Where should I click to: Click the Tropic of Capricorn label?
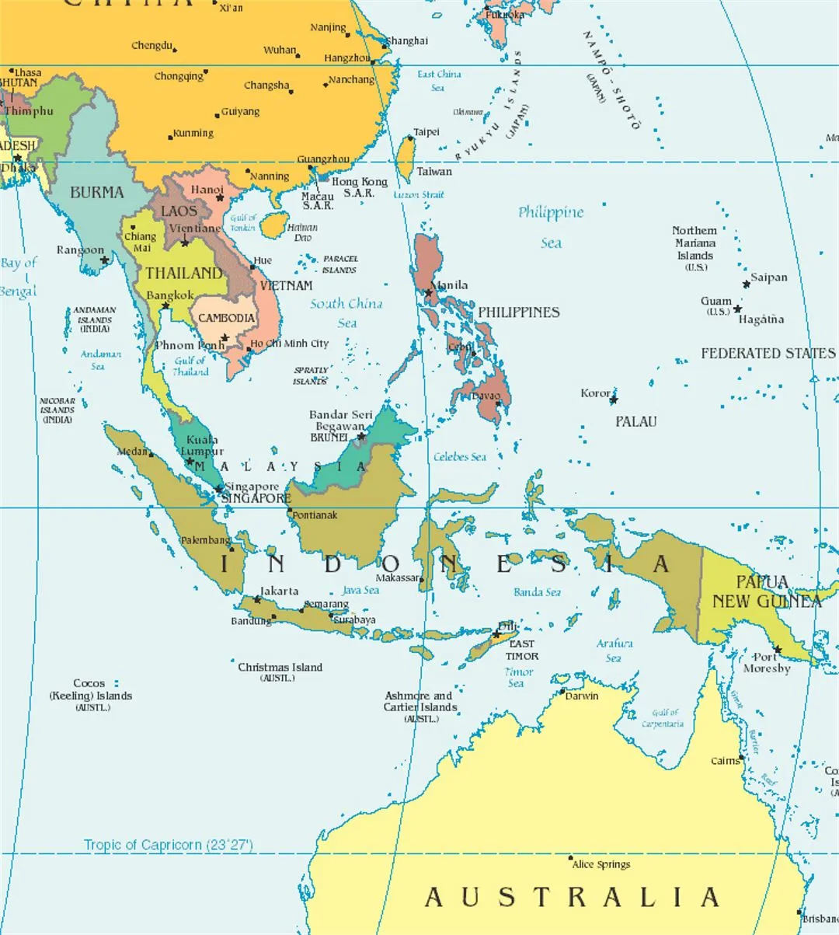pyautogui.click(x=168, y=845)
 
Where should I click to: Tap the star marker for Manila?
pyautogui.click(x=429, y=294)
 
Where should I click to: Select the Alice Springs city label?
pyautogui.click(x=601, y=864)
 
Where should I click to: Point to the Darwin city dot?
pyautogui.click(x=562, y=690)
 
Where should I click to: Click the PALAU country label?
pyautogui.click(x=635, y=421)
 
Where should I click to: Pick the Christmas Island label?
pyautogui.click(x=280, y=668)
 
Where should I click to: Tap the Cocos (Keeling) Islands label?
pyautogui.click(x=90, y=695)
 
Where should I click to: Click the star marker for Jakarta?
pyautogui.click(x=257, y=600)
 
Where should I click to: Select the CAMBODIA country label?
pyautogui.click(x=226, y=318)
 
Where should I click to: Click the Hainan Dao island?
pyautogui.click(x=274, y=225)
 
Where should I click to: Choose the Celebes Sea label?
pyautogui.click(x=459, y=457)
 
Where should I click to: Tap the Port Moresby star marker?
pyautogui.click(x=777, y=649)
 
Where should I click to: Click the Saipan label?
pyautogui.click(x=768, y=277)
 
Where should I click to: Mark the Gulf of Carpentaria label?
pyautogui.click(x=663, y=718)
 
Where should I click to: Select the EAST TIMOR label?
pyautogui.click(x=522, y=650)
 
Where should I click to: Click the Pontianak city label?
pyautogui.click(x=315, y=515)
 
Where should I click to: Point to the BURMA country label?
pyautogui.click(x=96, y=192)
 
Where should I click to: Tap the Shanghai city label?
pyautogui.click(x=406, y=40)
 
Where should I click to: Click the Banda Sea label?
pyautogui.click(x=537, y=592)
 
